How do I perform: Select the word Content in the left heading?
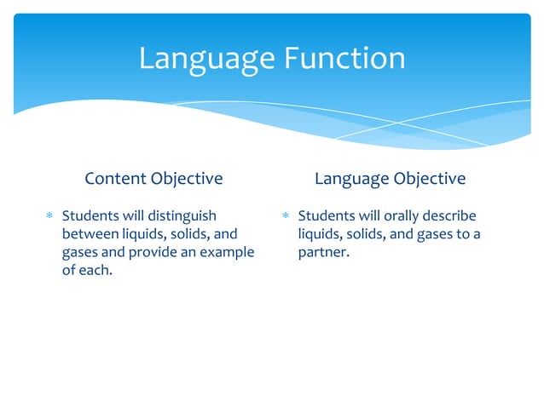click(116, 179)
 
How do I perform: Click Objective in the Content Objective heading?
click(187, 179)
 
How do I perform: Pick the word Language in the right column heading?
click(352, 179)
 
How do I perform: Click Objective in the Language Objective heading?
click(430, 179)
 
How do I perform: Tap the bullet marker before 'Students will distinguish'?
click(50, 216)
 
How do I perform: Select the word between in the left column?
click(88, 234)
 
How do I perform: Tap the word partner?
click(324, 254)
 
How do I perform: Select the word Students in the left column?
click(92, 215)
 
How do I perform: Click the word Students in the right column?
click(327, 215)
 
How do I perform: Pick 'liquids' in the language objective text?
click(320, 234)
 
